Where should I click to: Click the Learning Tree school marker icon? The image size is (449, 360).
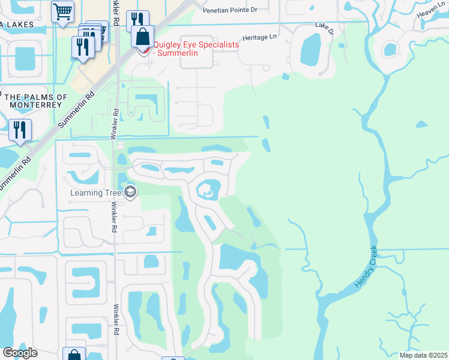click(130, 192)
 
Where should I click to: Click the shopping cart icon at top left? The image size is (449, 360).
click(62, 11)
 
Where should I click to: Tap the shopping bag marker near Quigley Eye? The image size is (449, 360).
click(143, 37)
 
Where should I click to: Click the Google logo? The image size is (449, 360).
click(20, 353)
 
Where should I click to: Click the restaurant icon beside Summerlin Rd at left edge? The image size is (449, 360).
click(20, 130)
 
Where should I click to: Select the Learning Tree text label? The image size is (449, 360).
click(95, 193)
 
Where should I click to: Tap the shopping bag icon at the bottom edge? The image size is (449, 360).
click(74, 355)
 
